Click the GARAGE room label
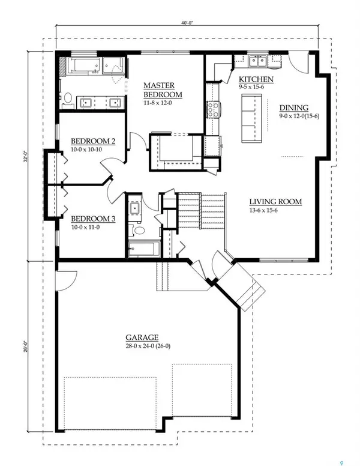(142, 337)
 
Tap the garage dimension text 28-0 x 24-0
(142, 346)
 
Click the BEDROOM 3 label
(92, 219)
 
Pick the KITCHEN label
(256, 80)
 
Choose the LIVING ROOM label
(275, 202)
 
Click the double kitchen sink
(259, 60)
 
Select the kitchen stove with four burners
(213, 109)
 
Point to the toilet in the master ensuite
(68, 99)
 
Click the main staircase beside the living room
(200, 211)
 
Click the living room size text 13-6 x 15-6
(275, 210)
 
